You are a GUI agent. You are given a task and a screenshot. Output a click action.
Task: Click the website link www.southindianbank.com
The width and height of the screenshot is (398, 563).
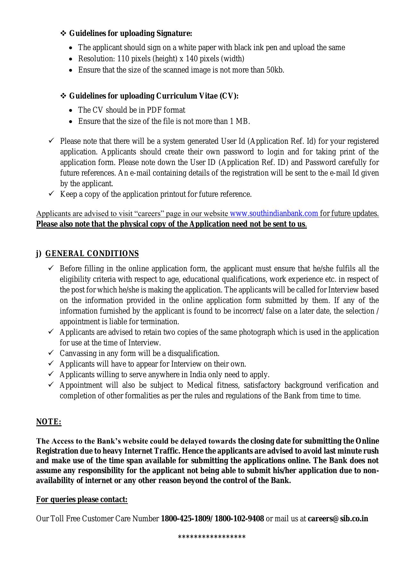pyautogui.click(x=274, y=213)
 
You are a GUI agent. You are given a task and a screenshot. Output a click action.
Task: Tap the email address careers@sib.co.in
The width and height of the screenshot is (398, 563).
pyautogui.click(x=338, y=519)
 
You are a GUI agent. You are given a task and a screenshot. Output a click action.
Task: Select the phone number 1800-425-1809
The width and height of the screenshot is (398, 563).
pyautogui.click(x=185, y=519)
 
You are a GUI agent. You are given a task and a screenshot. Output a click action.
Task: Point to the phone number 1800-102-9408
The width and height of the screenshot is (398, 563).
pyautogui.click(x=239, y=519)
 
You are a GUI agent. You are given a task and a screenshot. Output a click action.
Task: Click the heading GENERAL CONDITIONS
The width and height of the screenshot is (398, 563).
pyautogui.click(x=92, y=254)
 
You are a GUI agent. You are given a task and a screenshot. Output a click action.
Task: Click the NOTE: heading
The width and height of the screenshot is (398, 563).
pyautogui.click(x=48, y=422)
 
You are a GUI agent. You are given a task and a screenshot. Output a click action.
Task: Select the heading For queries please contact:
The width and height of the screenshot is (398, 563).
pyautogui.click(x=82, y=499)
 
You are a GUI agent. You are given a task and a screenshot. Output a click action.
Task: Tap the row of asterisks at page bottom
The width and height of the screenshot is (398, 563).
pyautogui.click(x=212, y=537)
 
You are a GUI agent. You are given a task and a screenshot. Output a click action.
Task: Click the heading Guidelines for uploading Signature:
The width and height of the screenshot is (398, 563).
pyautogui.click(x=131, y=33)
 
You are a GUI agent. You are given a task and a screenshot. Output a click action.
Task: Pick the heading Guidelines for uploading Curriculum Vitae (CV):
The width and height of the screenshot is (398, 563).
pyautogui.click(x=154, y=96)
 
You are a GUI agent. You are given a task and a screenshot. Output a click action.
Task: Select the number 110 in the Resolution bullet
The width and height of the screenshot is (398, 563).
pyautogui.click(x=123, y=59)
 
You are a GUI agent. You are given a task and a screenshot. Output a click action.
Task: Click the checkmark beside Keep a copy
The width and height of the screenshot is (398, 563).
pyautogui.click(x=51, y=194)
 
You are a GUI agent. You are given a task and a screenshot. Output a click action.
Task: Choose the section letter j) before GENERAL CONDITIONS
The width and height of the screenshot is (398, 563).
pyautogui.click(x=39, y=254)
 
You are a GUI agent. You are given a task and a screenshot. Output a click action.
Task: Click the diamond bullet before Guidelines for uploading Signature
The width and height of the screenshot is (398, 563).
pyautogui.click(x=63, y=33)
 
